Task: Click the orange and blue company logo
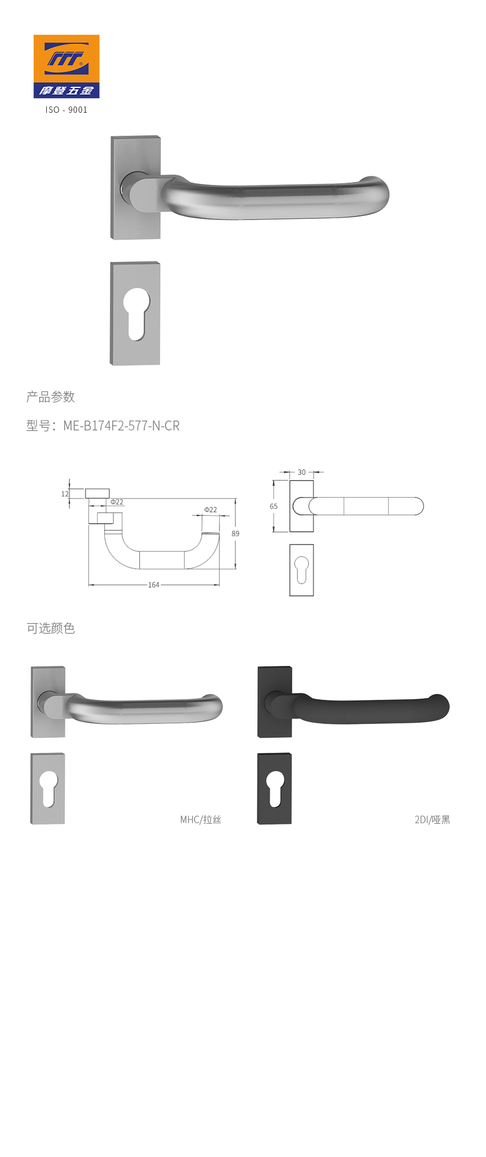66,66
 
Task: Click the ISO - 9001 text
67,110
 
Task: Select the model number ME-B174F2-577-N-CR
122,426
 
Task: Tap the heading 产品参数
51,397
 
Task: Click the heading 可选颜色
51,628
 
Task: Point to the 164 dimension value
153,585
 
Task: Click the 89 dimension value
235,533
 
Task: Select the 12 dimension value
65,494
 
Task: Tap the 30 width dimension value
301,472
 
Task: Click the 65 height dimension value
274,506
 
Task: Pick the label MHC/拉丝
201,820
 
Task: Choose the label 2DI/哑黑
432,820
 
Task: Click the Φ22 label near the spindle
117,502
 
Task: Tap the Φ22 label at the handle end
211,510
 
